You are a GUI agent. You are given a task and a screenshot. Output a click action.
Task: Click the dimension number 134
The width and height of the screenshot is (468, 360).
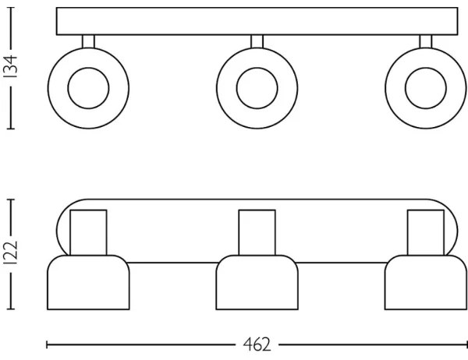12,69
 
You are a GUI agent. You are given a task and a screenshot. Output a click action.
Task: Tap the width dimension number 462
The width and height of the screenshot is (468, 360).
252,344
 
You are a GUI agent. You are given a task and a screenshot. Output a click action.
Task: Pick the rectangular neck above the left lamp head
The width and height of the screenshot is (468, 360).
87,231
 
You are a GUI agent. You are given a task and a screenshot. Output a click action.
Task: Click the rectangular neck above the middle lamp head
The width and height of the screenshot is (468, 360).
256,231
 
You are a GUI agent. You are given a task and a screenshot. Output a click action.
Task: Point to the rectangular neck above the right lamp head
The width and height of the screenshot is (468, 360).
424,231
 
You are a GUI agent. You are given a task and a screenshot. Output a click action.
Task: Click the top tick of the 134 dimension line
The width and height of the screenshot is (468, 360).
12,9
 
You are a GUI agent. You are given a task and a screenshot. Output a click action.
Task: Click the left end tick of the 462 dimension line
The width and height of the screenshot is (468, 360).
47,344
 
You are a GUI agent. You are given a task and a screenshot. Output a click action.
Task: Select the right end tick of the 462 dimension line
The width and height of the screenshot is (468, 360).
465,344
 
